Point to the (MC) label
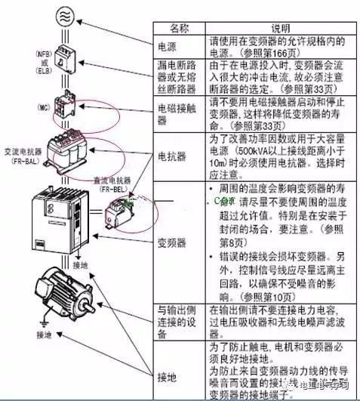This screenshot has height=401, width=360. (x=42, y=107)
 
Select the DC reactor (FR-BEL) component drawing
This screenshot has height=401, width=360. (x=118, y=212)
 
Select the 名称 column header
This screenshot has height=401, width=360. (x=178, y=28)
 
